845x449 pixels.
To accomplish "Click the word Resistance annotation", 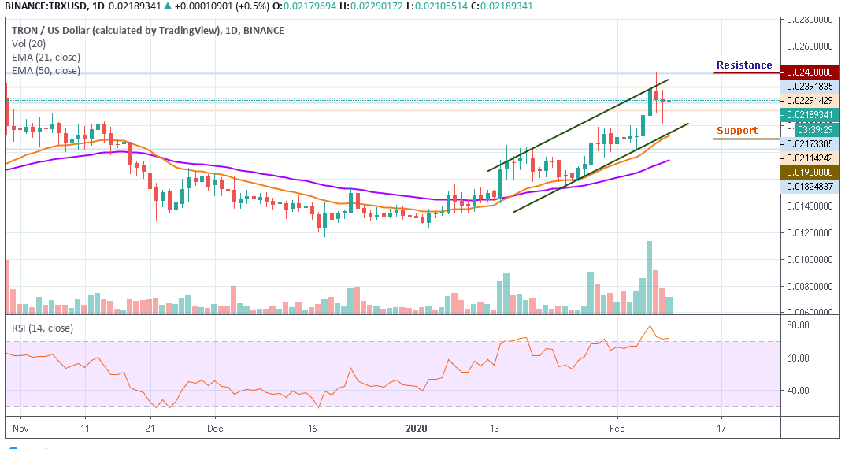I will point(743,65).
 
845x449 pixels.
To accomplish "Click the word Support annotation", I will point(736,130).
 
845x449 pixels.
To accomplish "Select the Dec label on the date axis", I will point(215,429).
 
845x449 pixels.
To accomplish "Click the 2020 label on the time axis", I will point(417,429).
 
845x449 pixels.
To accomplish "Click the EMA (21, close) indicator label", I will point(46,57).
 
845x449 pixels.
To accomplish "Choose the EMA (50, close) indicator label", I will point(46,70).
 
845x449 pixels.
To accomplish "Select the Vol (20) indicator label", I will point(28,44).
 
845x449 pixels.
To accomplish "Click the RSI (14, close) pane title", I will point(40,328).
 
